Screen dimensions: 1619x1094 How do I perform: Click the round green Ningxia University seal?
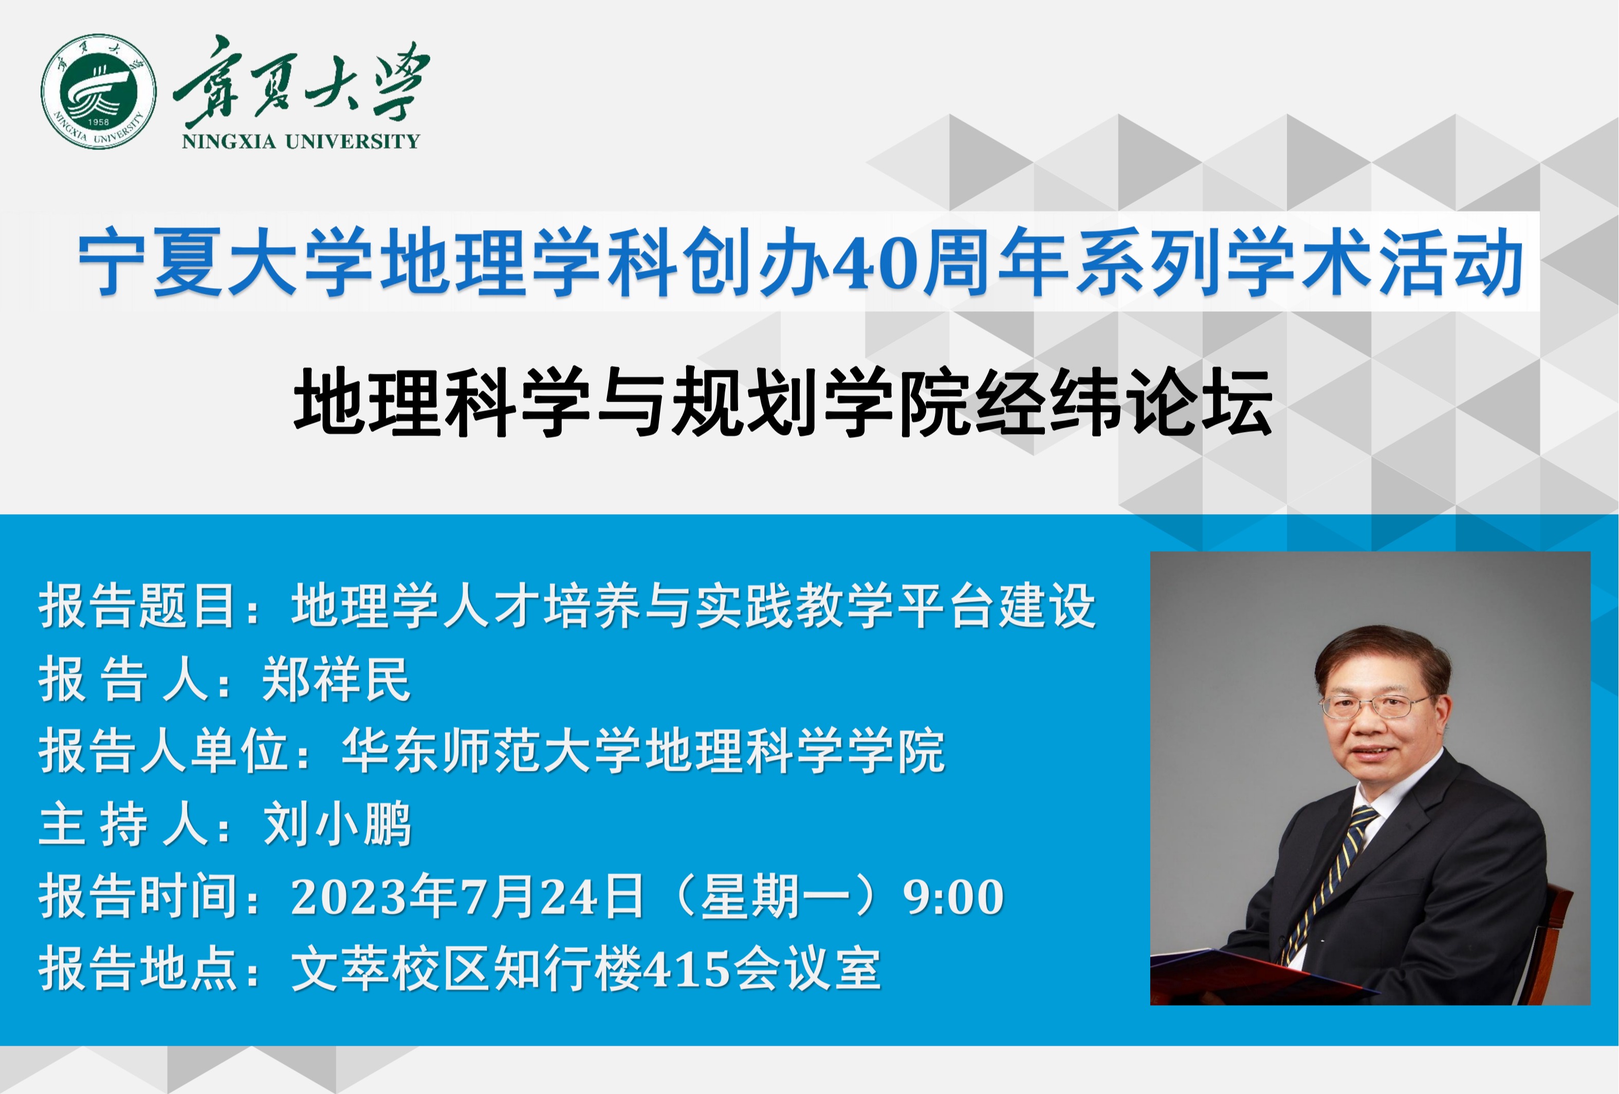click(98, 91)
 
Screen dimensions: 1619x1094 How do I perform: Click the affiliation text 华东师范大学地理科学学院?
click(643, 751)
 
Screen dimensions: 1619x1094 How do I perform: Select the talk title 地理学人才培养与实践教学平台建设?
click(694, 606)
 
